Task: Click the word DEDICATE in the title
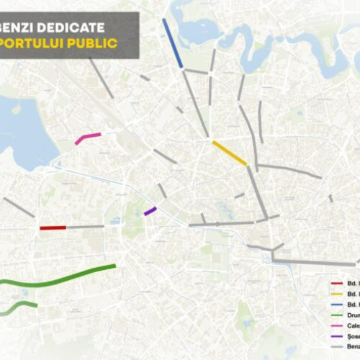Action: click(75, 27)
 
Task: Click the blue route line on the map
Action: click(173, 43)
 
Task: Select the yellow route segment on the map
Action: click(230, 153)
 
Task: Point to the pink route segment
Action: click(88, 138)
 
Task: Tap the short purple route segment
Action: click(150, 211)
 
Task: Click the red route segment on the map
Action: click(53, 228)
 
